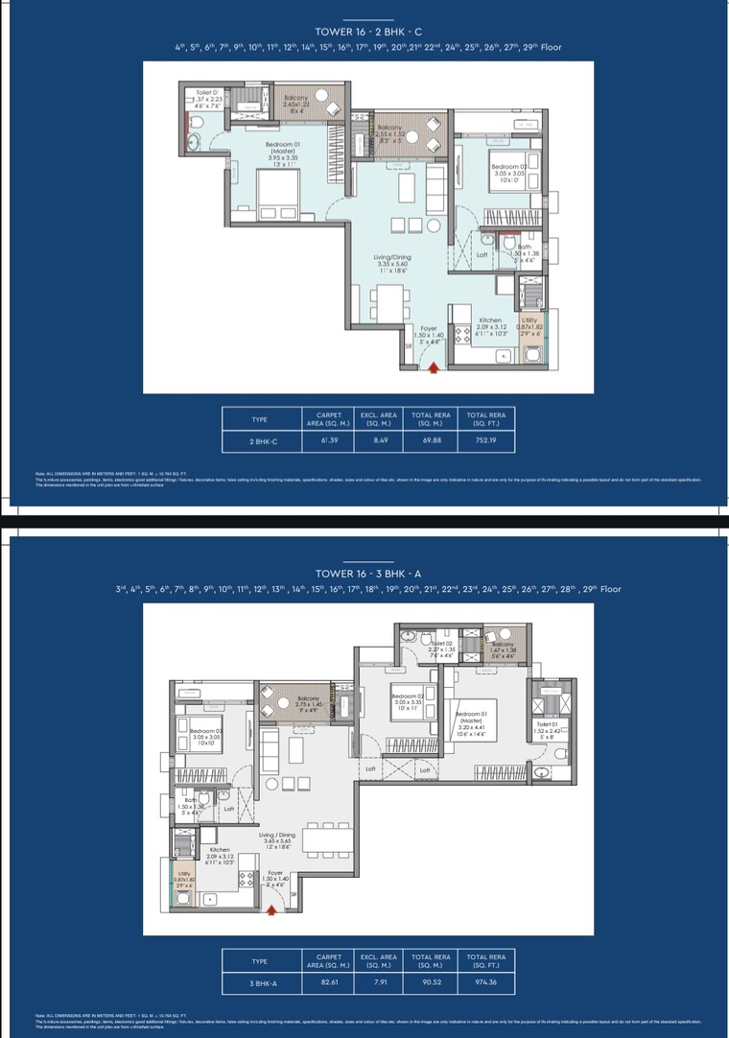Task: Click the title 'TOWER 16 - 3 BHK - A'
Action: click(368, 573)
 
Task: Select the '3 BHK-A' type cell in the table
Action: click(260, 983)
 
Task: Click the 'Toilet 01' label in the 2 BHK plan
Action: click(207, 93)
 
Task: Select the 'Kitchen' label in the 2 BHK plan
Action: click(490, 320)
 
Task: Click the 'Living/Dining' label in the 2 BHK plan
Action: click(393, 258)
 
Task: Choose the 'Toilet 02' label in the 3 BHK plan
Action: click(441, 644)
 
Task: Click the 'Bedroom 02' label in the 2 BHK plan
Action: click(506, 167)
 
